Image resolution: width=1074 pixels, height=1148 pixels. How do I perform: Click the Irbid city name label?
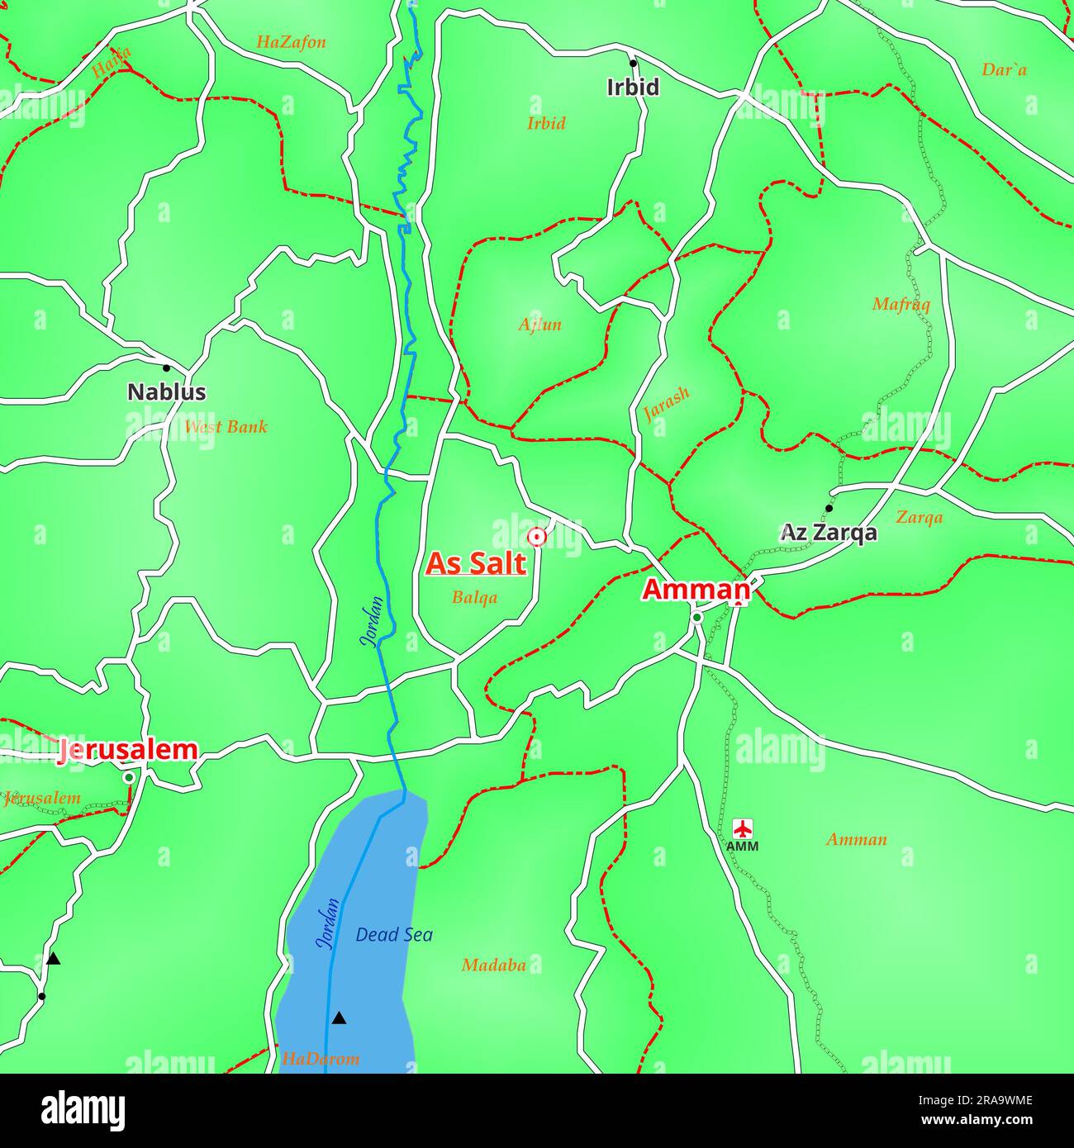point(633,88)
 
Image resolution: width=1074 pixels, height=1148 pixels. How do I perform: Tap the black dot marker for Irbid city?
point(633,63)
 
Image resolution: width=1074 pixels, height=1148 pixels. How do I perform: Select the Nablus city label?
point(166,392)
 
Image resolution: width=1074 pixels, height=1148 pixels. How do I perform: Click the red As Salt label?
point(476,564)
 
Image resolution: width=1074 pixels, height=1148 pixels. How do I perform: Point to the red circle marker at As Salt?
point(537,538)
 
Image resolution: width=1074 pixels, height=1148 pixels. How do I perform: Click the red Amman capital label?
point(696,590)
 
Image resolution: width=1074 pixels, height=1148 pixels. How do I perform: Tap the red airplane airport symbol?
point(743,828)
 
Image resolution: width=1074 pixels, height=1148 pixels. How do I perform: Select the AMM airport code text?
point(742,847)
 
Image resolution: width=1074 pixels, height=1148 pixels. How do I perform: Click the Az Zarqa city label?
point(829,533)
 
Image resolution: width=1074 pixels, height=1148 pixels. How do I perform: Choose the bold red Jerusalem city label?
point(128,750)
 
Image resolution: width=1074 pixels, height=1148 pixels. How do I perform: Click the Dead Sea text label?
point(394,935)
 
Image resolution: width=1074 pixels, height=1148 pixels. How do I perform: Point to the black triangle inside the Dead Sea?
point(339,1018)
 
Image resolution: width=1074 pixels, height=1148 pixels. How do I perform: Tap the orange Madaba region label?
point(493,965)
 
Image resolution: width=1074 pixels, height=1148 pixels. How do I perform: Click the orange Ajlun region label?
point(539,325)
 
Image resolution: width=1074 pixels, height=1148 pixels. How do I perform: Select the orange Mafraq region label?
point(901,305)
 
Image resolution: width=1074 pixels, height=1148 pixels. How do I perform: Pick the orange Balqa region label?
point(474,597)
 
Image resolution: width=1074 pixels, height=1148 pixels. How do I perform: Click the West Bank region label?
point(226,427)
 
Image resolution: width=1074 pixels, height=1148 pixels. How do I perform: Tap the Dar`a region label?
point(1004,70)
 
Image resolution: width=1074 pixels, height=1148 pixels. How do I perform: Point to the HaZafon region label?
point(291,42)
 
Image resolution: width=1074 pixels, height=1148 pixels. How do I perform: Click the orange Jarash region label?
point(666,404)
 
